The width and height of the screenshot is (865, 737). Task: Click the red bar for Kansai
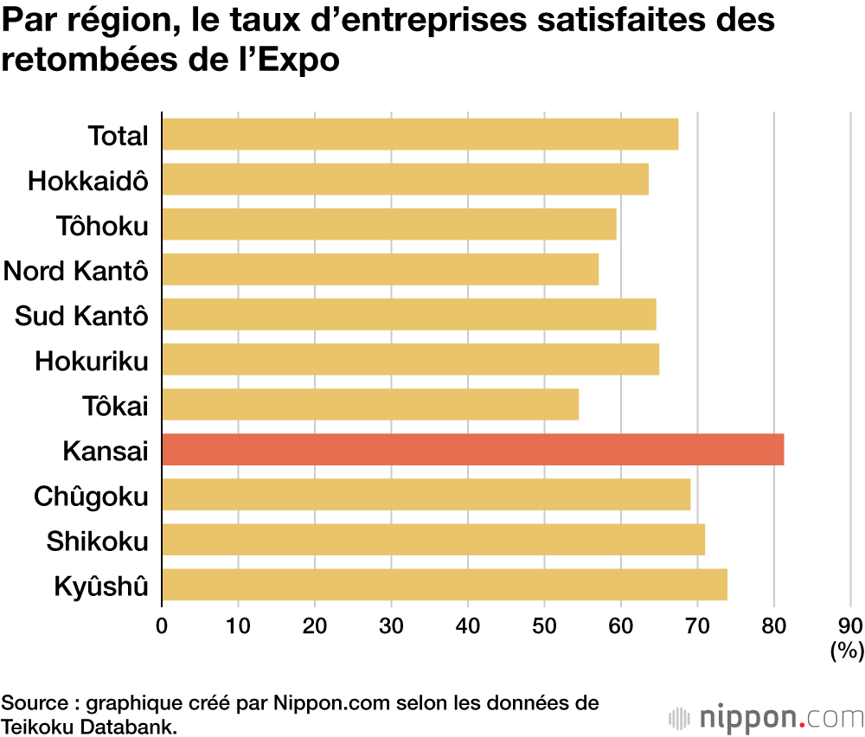pyautogui.click(x=472, y=450)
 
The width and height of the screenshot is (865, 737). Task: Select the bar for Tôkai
pyautogui.click(x=370, y=405)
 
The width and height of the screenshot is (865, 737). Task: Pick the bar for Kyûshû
pyautogui.click(x=445, y=585)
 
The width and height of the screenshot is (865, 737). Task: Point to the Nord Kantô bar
pyautogui.click(x=380, y=270)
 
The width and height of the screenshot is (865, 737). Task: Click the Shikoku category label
pyautogui.click(x=98, y=542)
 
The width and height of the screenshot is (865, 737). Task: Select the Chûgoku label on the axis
pyautogui.click(x=91, y=497)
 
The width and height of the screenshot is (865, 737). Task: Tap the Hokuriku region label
pyautogui.click(x=92, y=361)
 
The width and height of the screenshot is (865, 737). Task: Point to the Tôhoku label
pyautogui.click(x=103, y=226)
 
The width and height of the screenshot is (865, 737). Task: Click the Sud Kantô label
pyautogui.click(x=81, y=316)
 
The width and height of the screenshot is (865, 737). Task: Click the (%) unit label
pyautogui.click(x=846, y=650)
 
